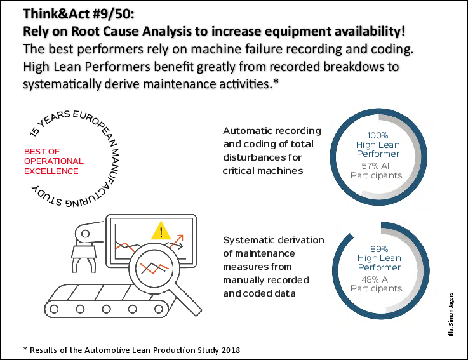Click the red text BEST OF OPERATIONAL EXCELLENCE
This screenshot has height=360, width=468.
tap(51, 161)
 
